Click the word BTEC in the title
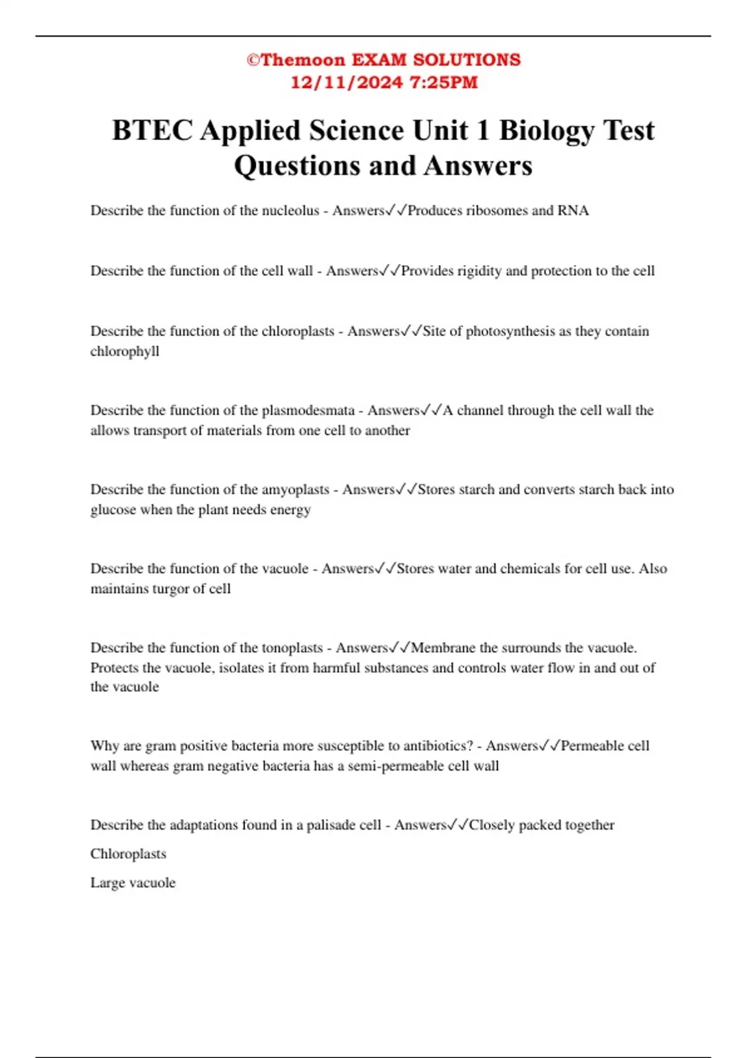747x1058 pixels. click(153, 131)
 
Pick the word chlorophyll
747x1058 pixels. click(125, 351)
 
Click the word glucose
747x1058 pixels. click(113, 510)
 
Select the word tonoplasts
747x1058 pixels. click(292, 648)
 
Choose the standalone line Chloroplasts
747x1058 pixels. click(128, 854)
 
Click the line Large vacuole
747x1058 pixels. click(133, 882)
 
